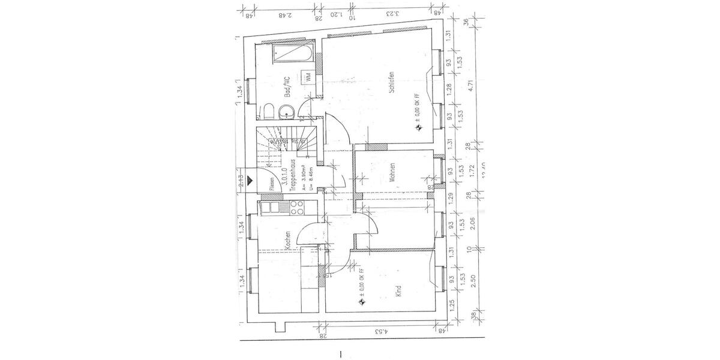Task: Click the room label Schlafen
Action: pyautogui.click(x=391, y=82)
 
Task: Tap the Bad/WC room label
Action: pyautogui.click(x=287, y=88)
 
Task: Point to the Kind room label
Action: pyautogui.click(x=398, y=292)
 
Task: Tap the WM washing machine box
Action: pyautogui.click(x=307, y=77)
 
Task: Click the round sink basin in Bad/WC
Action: pyautogui.click(x=287, y=113)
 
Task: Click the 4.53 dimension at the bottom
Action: pyautogui.click(x=379, y=330)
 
